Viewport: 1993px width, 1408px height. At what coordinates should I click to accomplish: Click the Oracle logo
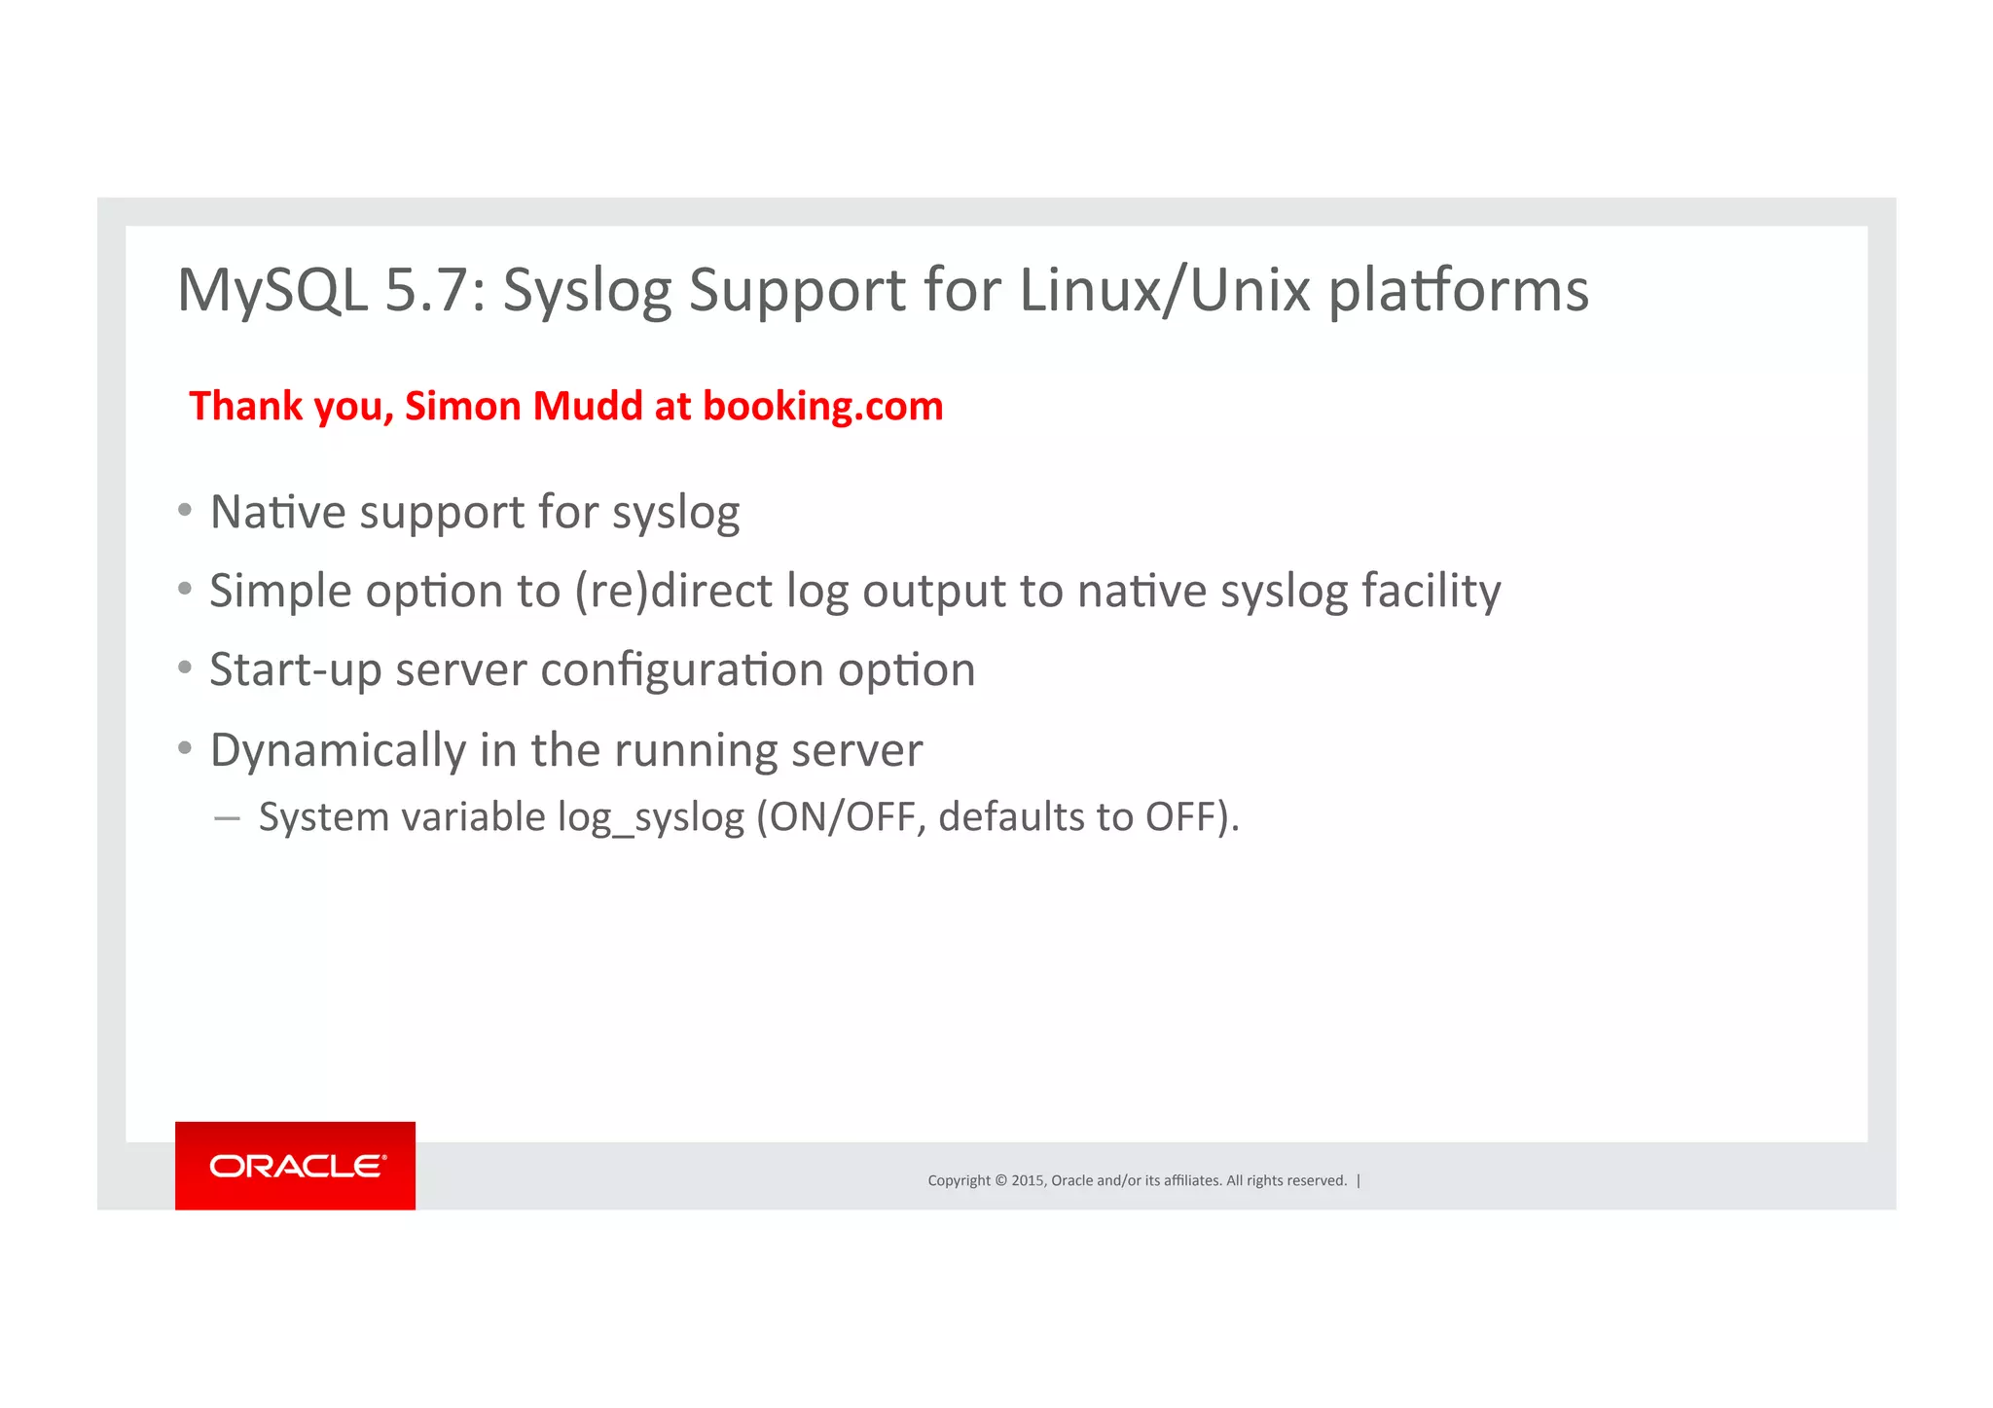click(x=296, y=1166)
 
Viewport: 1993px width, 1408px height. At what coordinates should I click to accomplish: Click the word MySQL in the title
click(x=272, y=290)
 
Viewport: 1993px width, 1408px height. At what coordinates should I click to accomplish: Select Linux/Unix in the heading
click(x=1164, y=290)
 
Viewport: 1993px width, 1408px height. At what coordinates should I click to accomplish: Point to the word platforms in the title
click(x=1458, y=290)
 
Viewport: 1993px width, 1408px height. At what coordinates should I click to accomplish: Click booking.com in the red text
click(x=822, y=407)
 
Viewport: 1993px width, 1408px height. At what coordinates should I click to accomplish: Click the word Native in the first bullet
click(x=277, y=512)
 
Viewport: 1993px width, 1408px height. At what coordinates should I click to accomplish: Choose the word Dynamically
click(x=338, y=750)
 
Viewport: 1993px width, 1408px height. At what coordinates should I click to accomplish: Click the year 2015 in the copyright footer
click(x=1027, y=1180)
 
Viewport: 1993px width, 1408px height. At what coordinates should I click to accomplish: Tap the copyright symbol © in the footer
click(x=1000, y=1180)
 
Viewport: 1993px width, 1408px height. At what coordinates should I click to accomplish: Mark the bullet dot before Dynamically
click(x=185, y=747)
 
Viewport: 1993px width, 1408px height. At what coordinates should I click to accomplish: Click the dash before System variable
click(x=227, y=819)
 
